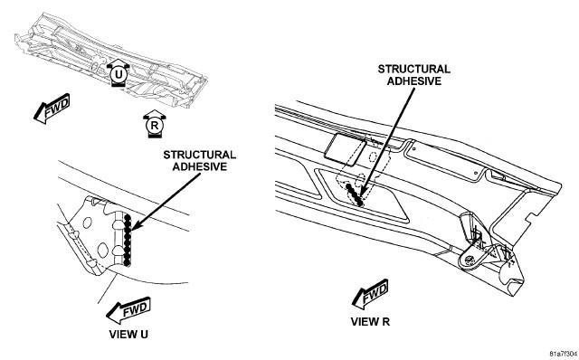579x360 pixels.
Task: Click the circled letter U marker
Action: point(119,74)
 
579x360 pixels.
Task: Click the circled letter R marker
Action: point(155,125)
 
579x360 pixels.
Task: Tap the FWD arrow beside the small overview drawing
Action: point(52,109)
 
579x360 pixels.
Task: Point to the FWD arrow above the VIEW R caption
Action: point(370,294)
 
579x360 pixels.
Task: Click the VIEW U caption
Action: point(128,334)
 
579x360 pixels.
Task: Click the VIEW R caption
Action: point(370,322)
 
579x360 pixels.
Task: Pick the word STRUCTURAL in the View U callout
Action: point(199,155)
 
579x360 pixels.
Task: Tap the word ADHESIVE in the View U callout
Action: point(199,166)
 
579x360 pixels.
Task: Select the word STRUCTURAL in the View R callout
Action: point(414,69)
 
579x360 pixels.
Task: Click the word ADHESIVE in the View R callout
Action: point(414,81)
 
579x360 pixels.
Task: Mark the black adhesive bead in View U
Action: point(128,241)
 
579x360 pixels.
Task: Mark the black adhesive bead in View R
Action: point(355,194)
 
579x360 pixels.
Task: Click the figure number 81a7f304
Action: point(563,354)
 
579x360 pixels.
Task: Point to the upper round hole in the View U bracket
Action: point(88,223)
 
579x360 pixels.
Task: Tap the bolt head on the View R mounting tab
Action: point(470,260)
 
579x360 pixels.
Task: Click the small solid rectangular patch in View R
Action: point(346,149)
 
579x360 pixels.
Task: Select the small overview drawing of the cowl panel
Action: point(110,61)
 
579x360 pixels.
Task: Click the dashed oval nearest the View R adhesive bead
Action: point(360,180)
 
